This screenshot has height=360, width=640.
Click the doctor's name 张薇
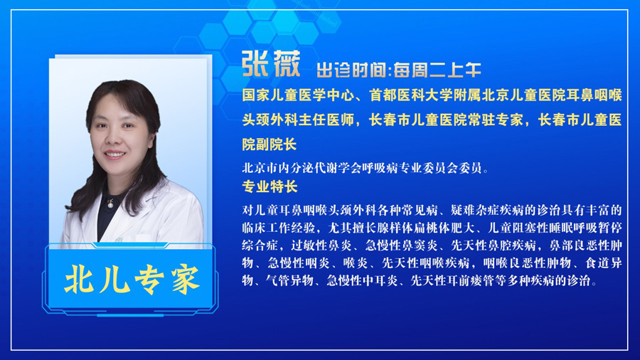pyautogui.click(x=271, y=64)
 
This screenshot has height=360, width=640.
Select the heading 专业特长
pyautogui.click(x=270, y=187)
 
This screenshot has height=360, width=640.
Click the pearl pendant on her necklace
pyautogui.click(x=110, y=206)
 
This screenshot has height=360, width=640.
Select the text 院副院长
pyautogui.click(x=270, y=144)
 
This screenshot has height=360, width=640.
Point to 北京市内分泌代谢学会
pyautogui.click(x=300, y=168)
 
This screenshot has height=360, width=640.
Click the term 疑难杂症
pyautogui.click(x=475, y=210)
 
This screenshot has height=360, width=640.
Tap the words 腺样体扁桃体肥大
pyautogui.click(x=426, y=228)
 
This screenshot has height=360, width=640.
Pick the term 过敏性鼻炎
pyautogui.click(x=321, y=245)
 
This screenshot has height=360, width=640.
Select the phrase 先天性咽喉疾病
pyautogui.click(x=426, y=263)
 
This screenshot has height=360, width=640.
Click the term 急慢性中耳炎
pyautogui.click(x=363, y=280)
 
